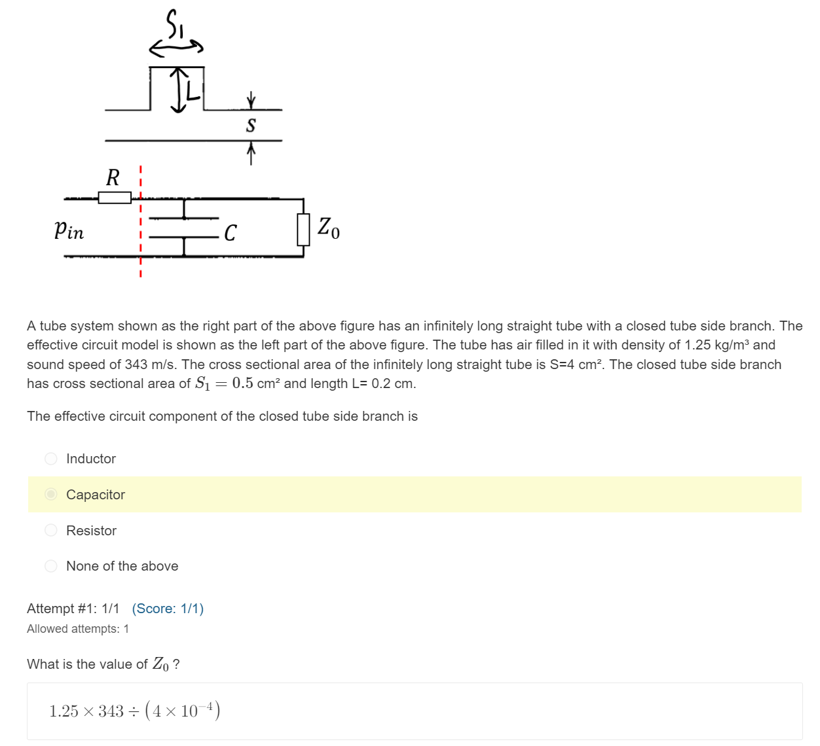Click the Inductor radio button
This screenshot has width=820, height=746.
51,459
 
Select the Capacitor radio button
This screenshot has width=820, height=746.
51,494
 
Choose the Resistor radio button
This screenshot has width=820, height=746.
51,530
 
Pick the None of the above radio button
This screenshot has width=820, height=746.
51,566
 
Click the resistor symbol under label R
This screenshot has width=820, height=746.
115,197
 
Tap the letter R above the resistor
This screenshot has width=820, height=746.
113,177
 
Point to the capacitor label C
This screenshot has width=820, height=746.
230,233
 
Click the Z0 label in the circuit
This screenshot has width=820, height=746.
328,228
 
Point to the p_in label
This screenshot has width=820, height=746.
69,230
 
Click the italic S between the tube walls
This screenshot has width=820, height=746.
251,125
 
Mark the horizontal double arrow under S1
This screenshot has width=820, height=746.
176,47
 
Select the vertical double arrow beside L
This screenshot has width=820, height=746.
178,89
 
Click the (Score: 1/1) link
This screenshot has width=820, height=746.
168,609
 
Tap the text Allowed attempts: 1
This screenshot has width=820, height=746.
78,629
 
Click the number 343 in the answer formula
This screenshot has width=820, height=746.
111,711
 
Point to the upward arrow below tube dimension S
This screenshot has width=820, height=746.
251,154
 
